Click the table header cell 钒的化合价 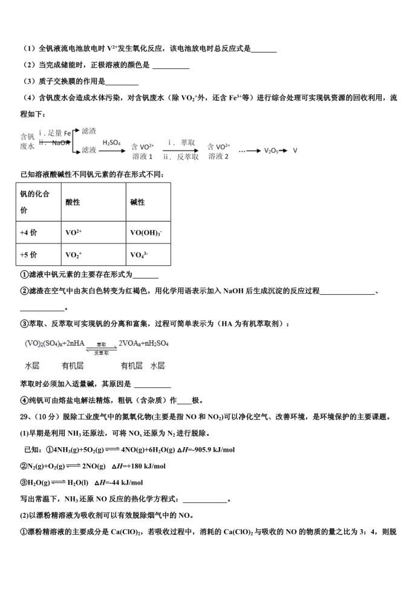[x=35, y=202]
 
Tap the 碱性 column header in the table [x=137, y=202]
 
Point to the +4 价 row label [x=28, y=231]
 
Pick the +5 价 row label [x=28, y=254]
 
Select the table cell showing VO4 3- [x=141, y=255]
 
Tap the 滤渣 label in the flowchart [x=89, y=131]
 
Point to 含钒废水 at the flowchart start [x=27, y=141]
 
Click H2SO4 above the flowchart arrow [x=111, y=143]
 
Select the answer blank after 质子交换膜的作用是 [x=122, y=82]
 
